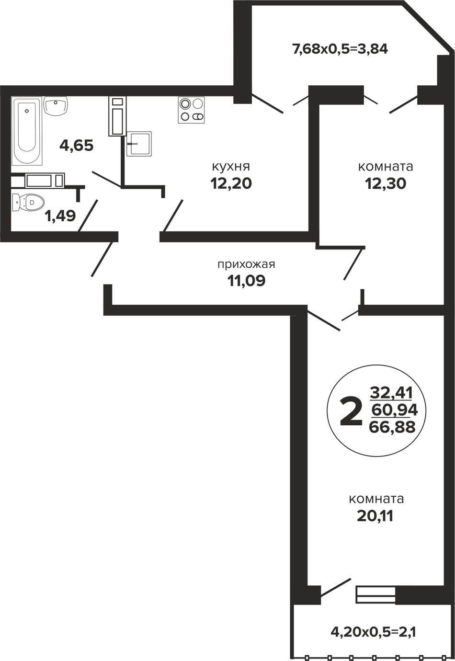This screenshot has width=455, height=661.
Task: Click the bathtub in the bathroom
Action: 26,131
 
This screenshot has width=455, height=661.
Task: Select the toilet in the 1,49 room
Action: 28,203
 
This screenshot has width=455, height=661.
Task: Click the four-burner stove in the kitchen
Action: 191,110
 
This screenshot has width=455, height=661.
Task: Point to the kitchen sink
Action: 139,144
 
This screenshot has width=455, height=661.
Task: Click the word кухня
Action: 231,167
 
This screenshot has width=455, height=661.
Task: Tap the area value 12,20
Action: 231,183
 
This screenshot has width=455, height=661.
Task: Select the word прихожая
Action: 246,264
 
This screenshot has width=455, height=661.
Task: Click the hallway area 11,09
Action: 246,281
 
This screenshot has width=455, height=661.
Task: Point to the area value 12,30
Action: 386,184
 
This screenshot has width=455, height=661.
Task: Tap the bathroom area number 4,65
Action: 77,146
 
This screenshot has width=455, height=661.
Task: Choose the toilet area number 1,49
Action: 60,217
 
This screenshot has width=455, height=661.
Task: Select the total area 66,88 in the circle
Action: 392,427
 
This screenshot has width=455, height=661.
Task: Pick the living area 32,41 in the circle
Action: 391,393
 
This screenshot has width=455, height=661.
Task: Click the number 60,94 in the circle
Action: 395,410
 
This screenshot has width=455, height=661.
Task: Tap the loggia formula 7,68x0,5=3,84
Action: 339,49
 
